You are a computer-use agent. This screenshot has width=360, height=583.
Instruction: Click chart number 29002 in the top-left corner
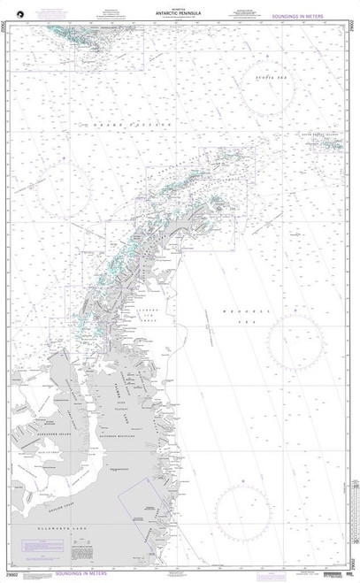pyautogui.click(x=6, y=30)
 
